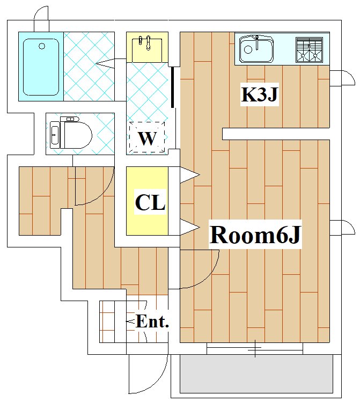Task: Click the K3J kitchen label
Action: click(260, 95)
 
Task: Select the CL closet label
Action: click(150, 203)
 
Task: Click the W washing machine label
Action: click(147, 138)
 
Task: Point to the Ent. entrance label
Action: click(152, 322)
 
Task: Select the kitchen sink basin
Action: click(256, 49)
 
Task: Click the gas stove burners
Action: click(309, 49)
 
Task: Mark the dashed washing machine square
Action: click(147, 137)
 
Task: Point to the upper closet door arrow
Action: click(189, 175)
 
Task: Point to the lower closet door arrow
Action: click(189, 227)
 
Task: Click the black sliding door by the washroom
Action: click(172, 87)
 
